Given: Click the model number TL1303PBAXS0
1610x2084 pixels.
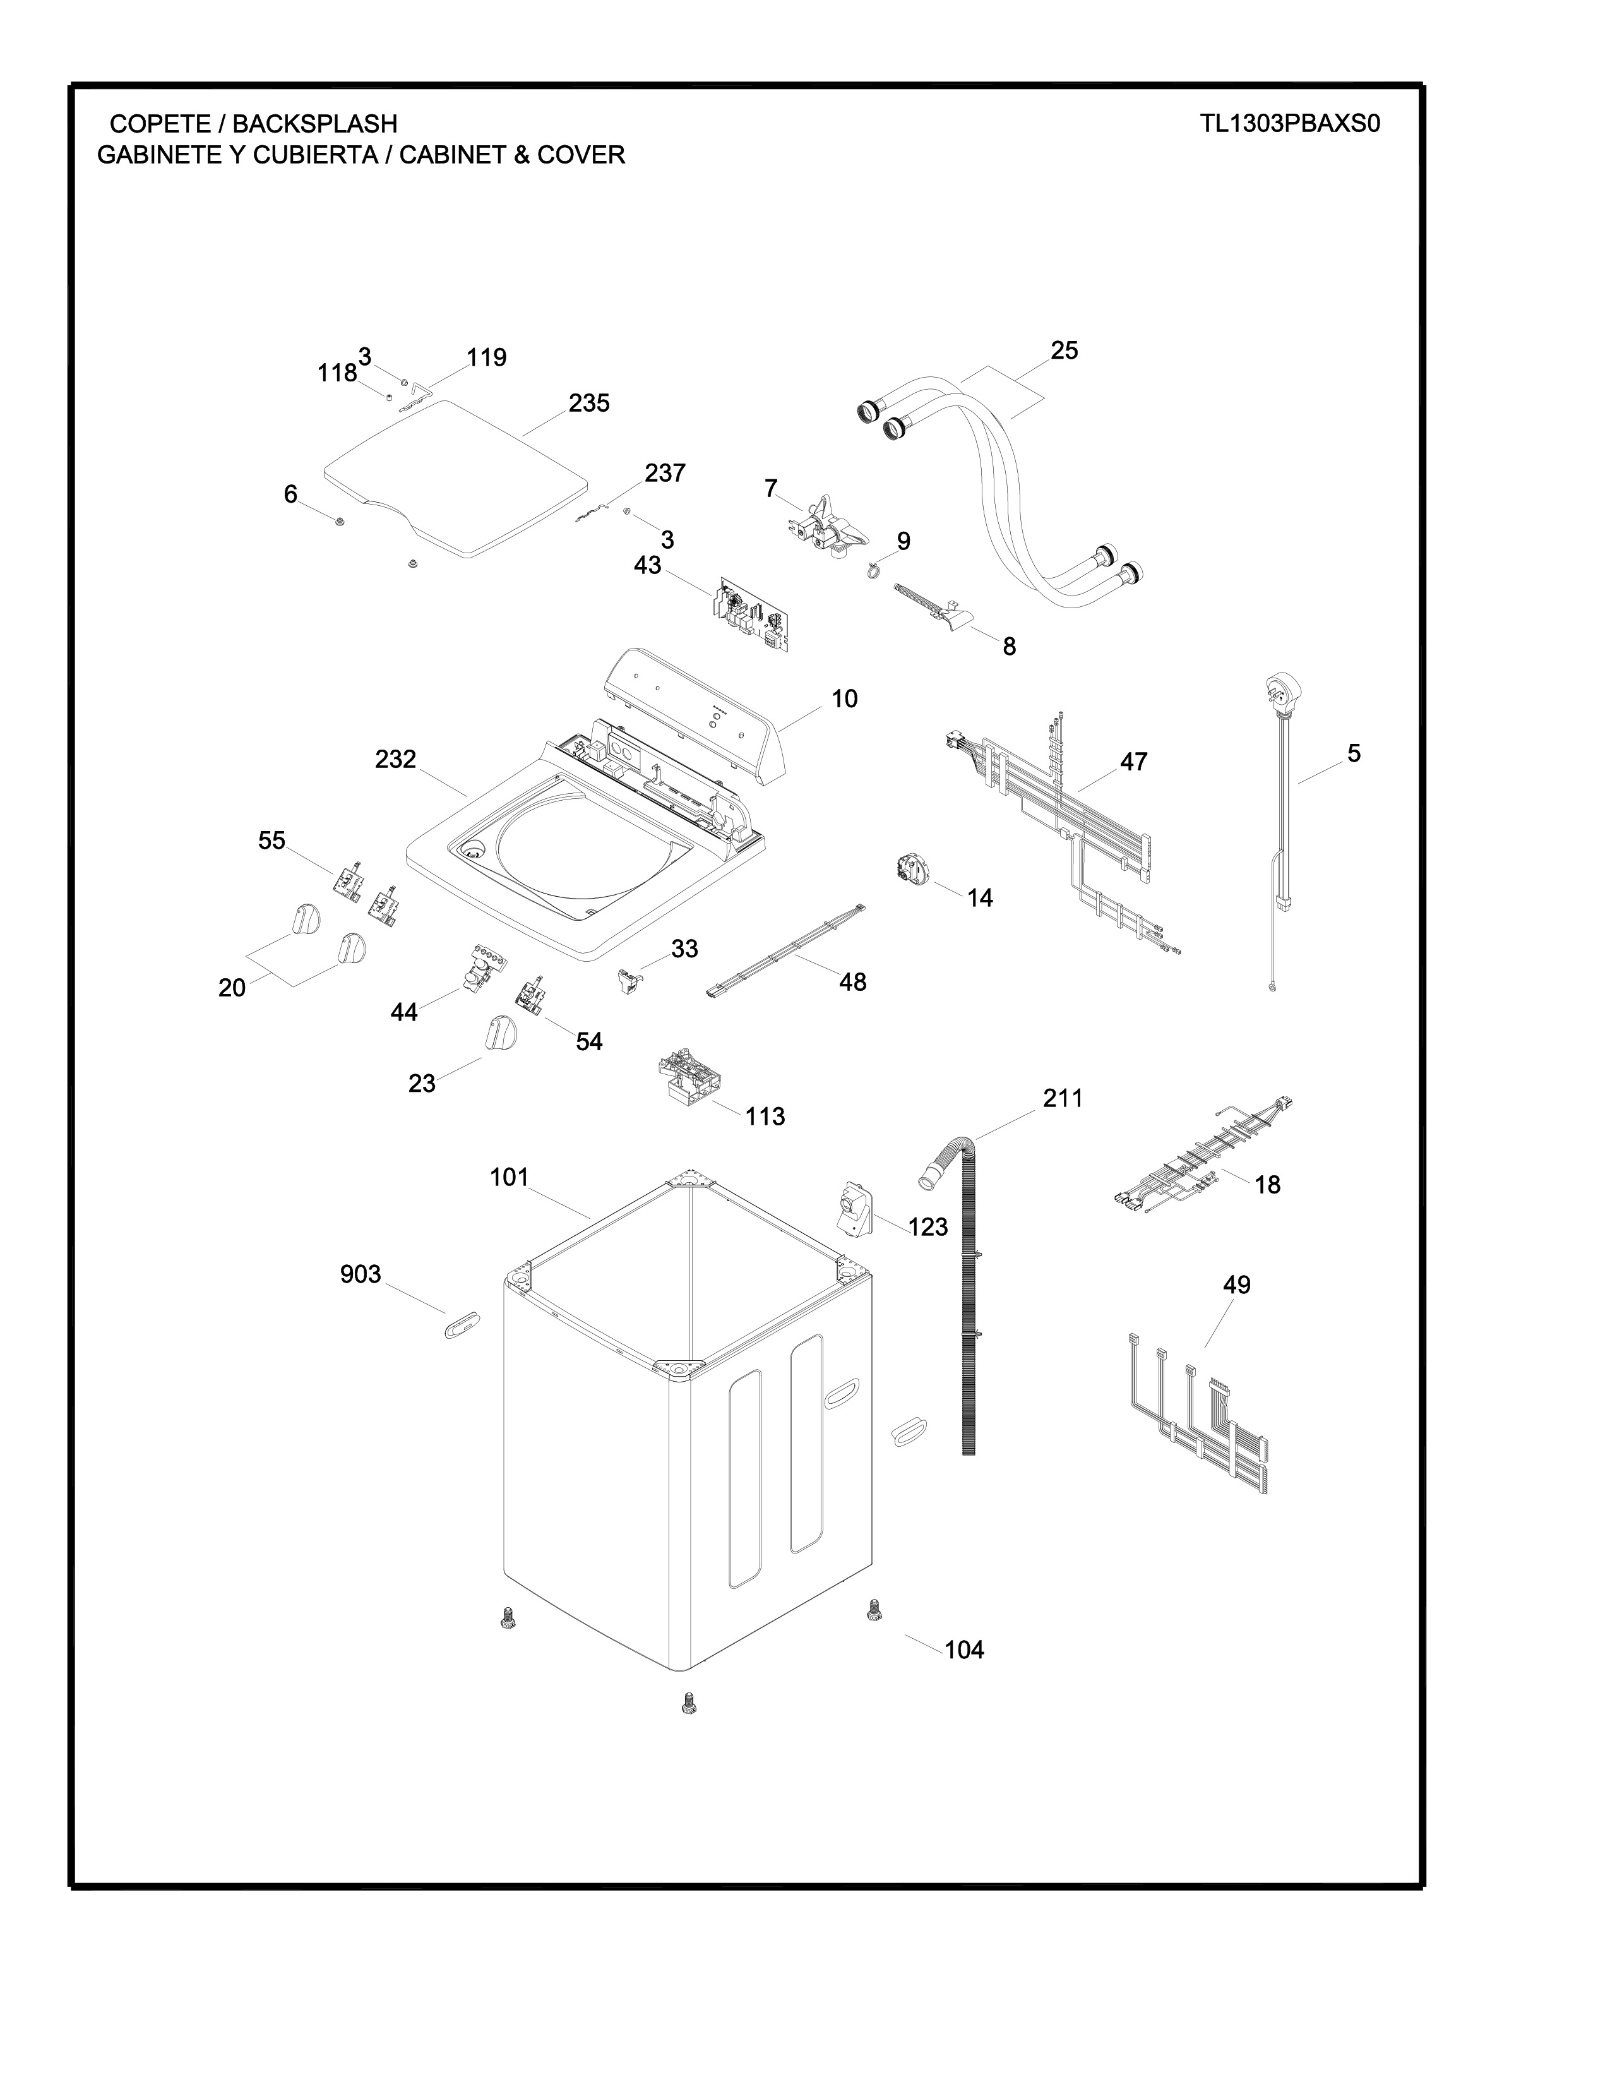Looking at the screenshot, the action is pos(1291,124).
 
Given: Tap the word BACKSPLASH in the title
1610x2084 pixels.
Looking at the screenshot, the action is pos(315,124).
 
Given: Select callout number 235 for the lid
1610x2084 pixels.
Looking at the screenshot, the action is pos(590,404).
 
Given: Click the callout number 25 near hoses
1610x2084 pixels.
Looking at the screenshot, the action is pos(1064,350).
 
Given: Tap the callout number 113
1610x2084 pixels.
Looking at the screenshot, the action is pos(765,1117).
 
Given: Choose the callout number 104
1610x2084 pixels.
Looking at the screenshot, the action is pos(964,1650).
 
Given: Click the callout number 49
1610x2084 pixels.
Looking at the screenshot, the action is pos(1237,1285).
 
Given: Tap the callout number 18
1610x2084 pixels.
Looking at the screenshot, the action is pos(1268,1185).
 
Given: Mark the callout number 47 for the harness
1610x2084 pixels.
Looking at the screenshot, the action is pos(1134,762).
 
